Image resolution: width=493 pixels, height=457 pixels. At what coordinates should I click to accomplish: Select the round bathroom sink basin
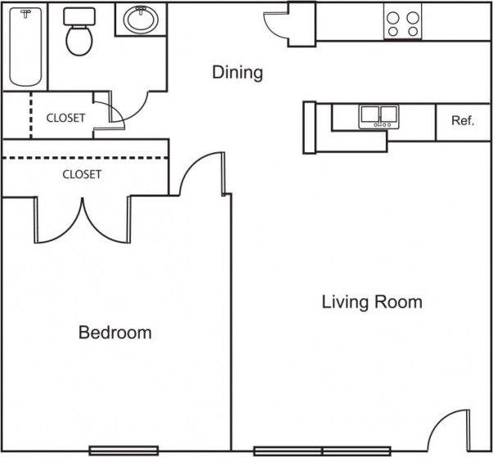click(142, 20)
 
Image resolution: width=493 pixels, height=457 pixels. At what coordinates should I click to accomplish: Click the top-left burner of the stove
click(392, 16)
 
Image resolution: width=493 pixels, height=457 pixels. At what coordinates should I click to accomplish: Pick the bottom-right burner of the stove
click(412, 31)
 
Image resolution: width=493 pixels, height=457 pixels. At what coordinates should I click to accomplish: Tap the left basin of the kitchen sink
click(369, 115)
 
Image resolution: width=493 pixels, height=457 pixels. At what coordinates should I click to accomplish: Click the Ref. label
click(462, 121)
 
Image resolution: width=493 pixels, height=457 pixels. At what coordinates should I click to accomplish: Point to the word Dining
click(237, 72)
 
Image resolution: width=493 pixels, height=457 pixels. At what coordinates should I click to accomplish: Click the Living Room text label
click(371, 302)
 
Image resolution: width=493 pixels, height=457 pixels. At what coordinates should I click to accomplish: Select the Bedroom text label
click(115, 333)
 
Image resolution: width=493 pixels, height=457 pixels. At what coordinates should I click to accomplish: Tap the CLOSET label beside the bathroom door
click(66, 118)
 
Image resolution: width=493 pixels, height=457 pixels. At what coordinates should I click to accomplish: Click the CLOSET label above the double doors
click(82, 174)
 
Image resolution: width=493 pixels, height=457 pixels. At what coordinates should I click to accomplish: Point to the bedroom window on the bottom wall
click(112, 450)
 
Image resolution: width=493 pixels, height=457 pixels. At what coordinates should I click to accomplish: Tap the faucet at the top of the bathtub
click(26, 14)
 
